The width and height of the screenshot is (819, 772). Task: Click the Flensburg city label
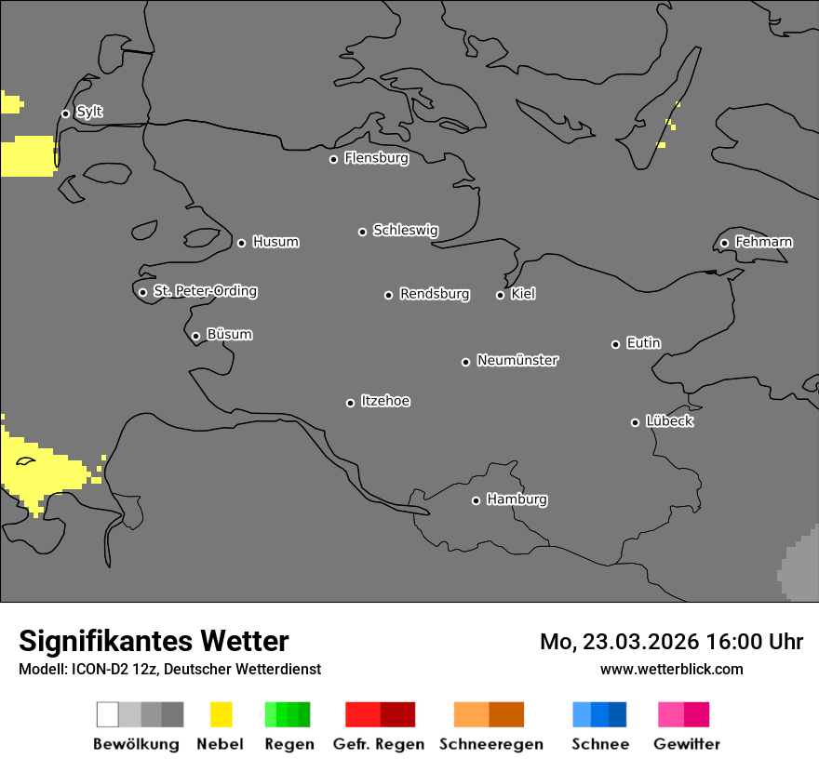pos(376,158)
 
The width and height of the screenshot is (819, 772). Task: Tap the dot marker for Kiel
pos(500,295)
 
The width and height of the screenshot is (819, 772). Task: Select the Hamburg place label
pos(517,499)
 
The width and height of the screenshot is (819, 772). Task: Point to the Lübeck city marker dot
pos(635,422)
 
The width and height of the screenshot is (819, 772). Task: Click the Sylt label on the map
pos(89,113)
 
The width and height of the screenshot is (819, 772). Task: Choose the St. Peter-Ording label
pos(205,291)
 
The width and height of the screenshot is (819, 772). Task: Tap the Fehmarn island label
pos(763,242)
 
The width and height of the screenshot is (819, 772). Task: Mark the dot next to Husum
pos(241,243)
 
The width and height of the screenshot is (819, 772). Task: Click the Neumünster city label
pos(517,360)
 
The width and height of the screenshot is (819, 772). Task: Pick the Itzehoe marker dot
pos(350,403)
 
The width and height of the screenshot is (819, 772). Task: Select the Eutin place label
pos(643,343)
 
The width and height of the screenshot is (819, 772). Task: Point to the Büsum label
pos(229,335)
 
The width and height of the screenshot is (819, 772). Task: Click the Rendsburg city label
pos(435,294)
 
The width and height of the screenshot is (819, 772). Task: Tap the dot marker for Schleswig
pos(362,232)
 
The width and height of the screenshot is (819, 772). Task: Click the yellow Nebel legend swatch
pos(221,714)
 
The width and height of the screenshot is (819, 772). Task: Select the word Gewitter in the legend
pos(687,744)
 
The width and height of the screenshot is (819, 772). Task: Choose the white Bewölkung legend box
pos(108,714)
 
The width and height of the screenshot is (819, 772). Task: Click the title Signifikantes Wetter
pos(154,641)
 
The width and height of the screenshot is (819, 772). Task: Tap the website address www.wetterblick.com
pos(671,669)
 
